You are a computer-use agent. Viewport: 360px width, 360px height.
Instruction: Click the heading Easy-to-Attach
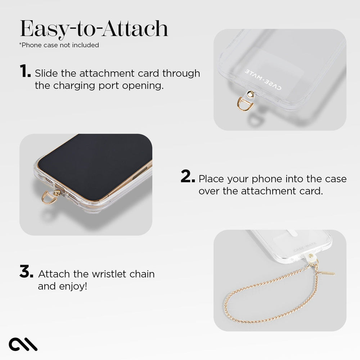pos(94,29)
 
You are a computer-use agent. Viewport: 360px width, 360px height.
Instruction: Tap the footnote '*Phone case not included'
pos(59,45)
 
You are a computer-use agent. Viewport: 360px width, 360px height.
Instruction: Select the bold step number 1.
pos(25,72)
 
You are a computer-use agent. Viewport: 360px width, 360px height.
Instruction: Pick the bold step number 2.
pos(188,177)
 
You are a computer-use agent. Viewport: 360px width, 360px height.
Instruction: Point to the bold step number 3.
pos(27,273)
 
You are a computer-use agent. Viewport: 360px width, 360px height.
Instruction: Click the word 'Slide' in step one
pos(45,73)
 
